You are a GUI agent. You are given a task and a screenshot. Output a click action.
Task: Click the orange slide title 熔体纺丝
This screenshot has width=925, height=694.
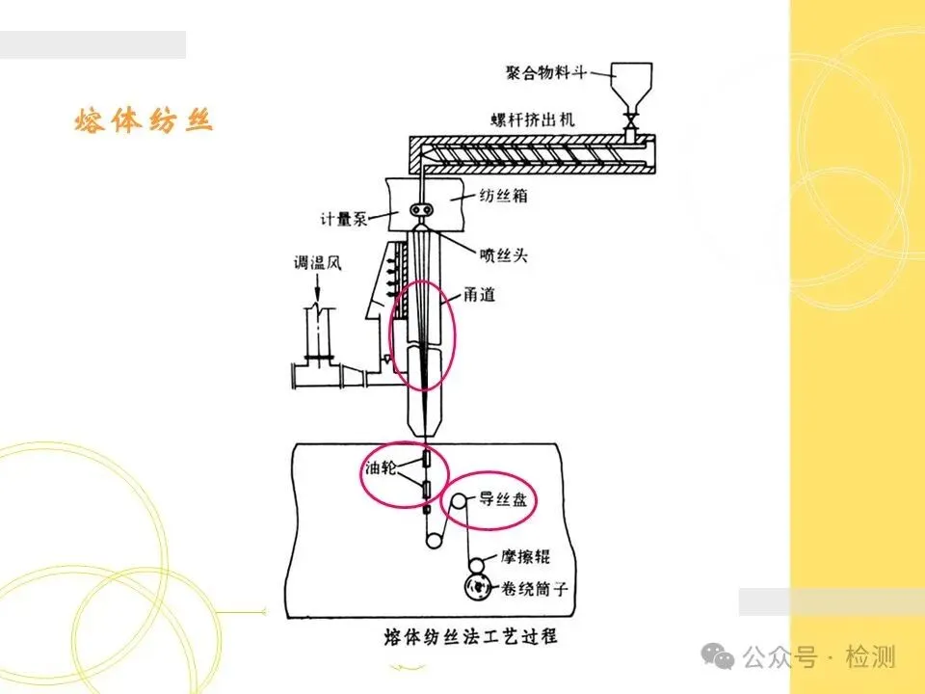[143, 120]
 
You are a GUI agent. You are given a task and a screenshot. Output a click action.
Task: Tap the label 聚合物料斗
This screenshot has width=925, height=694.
[547, 71]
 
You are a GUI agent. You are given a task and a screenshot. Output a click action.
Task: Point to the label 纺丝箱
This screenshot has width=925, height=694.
[502, 195]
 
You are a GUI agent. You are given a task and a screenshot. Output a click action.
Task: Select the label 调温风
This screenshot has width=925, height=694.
[315, 262]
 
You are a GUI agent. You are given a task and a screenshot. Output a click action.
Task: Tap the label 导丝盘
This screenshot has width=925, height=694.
[502, 500]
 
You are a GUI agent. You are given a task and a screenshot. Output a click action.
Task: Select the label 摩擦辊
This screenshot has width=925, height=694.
[528, 557]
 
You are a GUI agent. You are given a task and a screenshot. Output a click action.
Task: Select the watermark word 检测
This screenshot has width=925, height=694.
[871, 657]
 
